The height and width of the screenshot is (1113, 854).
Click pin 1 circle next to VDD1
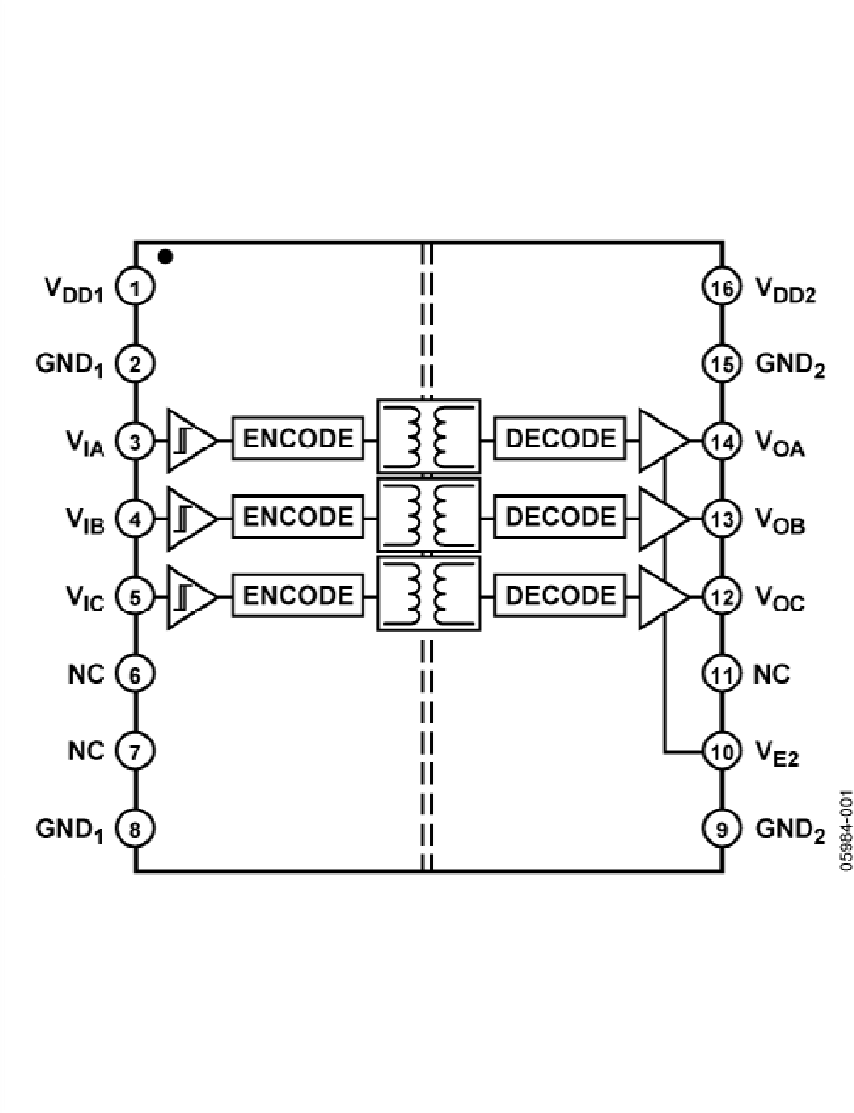pos(135,286)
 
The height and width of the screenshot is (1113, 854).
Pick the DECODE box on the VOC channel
pos(560,595)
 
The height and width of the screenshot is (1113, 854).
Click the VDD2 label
pos(787,288)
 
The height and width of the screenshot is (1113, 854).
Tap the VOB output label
pos(780,521)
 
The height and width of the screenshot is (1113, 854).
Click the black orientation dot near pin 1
pos(166,256)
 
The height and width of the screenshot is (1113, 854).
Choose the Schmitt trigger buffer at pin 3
pos(190,440)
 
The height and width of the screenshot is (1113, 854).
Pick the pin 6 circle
pos(135,675)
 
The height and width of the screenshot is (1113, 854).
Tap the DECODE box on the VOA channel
pos(560,439)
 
